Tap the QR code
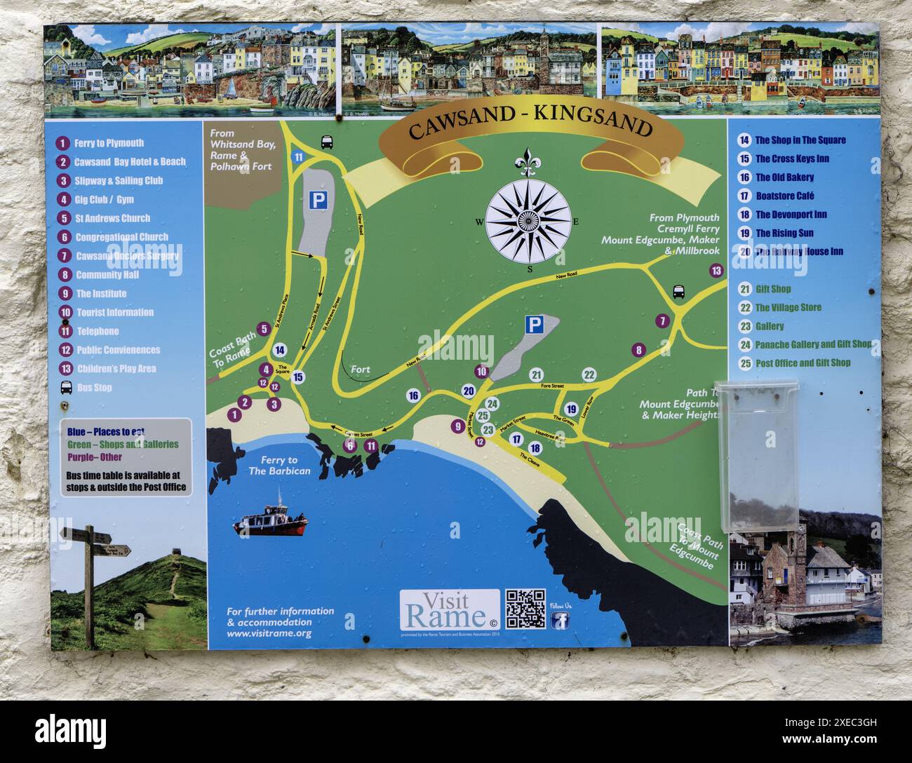point(525,608)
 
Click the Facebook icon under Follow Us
point(560,620)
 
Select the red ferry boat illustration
point(271,522)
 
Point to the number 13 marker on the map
point(716,271)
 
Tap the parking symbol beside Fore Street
point(535,325)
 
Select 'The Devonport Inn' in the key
point(791,215)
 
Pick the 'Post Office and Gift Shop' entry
point(803,363)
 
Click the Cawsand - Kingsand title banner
point(530,128)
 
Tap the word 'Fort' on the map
point(360,370)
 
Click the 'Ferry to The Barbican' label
point(279,466)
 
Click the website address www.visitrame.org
point(269,633)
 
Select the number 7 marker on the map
point(662,321)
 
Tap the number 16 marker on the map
point(413,396)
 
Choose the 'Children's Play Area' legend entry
point(116,369)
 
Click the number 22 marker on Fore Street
point(589,374)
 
